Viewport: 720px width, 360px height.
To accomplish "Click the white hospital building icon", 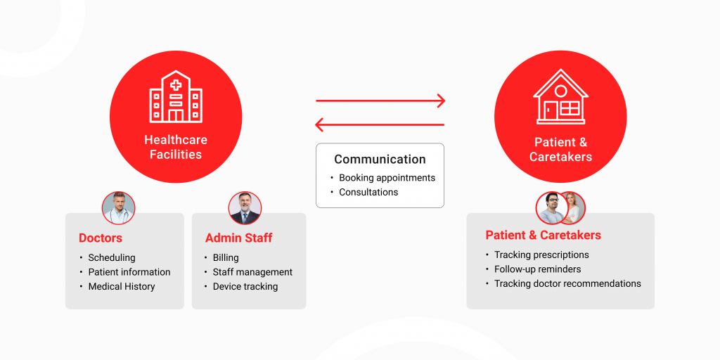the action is [175, 96].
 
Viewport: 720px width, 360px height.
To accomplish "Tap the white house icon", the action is [560, 96].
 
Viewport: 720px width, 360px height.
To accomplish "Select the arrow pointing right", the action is [380, 101].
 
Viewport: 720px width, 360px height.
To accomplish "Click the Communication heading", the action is [380, 160].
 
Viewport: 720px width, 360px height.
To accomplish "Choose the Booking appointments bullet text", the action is [387, 178].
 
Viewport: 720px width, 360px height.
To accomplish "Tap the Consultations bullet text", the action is [368, 192].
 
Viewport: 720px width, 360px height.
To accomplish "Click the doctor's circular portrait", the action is [118, 208].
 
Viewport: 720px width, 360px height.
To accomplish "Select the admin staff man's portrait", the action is [245, 208].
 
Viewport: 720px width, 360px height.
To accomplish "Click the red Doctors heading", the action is [101, 238].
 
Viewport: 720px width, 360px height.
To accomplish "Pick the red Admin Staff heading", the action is [239, 238].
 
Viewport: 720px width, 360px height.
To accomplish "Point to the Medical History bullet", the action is [122, 287].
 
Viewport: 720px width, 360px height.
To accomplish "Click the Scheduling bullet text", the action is [112, 257].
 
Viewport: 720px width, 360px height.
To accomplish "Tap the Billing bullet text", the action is [226, 257].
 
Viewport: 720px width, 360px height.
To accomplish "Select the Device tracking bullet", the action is [245, 287].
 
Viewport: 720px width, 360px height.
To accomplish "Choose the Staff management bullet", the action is [252, 272].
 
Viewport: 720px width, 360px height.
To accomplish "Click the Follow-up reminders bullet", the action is [538, 269].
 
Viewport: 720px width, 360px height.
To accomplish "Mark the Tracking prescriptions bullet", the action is [541, 255].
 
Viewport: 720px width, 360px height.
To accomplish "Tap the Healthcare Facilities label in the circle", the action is [175, 147].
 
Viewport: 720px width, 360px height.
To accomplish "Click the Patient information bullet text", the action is [129, 272].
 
